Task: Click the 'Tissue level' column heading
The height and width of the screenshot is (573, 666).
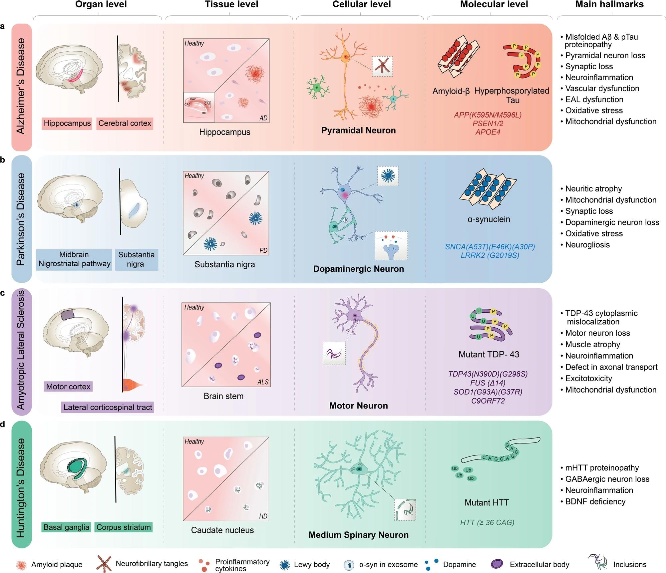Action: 231,5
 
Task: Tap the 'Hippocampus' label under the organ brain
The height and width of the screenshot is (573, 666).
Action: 67,123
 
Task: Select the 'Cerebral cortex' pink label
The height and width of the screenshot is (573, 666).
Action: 125,123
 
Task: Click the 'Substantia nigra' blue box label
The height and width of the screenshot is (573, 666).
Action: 136,259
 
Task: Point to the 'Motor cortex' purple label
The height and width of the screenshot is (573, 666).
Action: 68,387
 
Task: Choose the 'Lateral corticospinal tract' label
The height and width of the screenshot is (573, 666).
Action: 108,407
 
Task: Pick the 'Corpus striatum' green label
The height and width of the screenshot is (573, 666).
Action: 124,527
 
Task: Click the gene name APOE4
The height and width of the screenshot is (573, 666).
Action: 488,132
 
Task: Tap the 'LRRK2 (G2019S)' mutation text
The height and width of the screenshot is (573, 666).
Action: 490,255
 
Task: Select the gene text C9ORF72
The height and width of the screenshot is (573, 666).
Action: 488,401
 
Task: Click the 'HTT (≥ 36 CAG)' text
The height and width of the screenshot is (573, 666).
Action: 487,522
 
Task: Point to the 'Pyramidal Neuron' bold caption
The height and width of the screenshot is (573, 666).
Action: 358,131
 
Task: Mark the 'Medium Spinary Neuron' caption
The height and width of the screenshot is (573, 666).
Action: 358,535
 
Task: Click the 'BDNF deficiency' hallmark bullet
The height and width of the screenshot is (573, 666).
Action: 595,501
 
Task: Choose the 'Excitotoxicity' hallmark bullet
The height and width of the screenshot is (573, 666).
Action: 588,378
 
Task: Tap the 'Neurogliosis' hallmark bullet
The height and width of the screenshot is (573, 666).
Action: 587,245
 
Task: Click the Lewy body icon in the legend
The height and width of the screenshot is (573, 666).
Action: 285,565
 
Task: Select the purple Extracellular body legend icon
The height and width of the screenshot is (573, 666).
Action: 497,564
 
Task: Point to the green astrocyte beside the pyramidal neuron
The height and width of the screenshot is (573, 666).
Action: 317,88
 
